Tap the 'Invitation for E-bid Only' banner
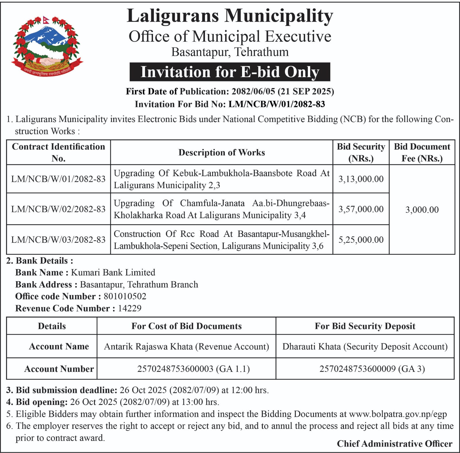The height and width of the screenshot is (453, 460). tap(230, 72)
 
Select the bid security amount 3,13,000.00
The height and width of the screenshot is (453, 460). tap(361, 179)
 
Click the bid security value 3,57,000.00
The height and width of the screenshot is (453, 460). tap(361, 209)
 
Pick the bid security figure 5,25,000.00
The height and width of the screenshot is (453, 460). tap(361, 240)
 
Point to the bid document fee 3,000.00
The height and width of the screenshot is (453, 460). tap(422, 210)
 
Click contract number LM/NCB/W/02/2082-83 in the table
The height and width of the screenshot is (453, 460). tap(58, 209)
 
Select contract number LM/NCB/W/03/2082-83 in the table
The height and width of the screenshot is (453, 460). tap(58, 240)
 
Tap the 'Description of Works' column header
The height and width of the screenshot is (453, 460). tap(221, 153)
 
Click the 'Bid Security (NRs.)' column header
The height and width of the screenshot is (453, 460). tap(361, 153)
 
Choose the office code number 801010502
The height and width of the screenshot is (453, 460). tap(125, 296)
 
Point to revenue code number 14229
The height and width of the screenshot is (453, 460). tap(130, 309)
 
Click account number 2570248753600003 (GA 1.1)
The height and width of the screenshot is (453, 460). tap(193, 369)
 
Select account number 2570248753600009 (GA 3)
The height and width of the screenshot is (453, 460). tap(372, 369)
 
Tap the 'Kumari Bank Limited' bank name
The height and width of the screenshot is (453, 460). tap(113, 273)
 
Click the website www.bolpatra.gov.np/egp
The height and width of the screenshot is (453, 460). tap(398, 414)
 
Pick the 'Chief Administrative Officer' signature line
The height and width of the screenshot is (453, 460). tap(394, 444)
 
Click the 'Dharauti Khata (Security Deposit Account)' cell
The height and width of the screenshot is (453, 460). tap(365, 347)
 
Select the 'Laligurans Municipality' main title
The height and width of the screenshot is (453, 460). tap(230, 16)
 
